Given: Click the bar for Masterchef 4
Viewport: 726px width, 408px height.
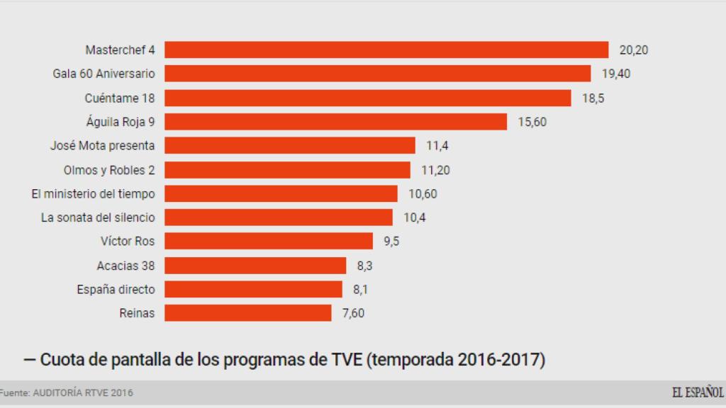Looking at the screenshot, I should point(386,50).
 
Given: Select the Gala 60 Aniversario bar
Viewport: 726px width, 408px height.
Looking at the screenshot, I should point(377,74).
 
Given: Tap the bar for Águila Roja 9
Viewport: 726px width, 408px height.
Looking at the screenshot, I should point(335,122).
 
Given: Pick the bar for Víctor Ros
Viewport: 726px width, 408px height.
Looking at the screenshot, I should point(269,241).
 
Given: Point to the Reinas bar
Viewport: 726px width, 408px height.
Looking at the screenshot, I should point(248,313).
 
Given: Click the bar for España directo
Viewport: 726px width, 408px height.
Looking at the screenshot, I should point(253,289).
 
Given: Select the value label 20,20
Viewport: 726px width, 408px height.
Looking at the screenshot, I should point(634,50).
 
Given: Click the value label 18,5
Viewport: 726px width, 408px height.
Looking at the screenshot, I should point(593,98).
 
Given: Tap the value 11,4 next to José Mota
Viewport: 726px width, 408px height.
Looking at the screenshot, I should point(437,146).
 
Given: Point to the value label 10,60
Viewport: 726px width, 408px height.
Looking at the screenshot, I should point(423,193).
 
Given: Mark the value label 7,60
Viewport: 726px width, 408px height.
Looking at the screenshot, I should point(353,313).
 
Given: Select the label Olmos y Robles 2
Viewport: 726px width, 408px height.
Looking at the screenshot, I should point(109,170).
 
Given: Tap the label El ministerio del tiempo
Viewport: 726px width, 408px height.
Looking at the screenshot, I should point(93,193).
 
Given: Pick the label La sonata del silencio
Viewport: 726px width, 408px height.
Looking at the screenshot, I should point(98,217).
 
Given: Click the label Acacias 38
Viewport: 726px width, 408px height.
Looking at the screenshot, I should point(125,266).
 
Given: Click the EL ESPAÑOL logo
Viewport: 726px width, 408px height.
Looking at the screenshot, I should point(698,392).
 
